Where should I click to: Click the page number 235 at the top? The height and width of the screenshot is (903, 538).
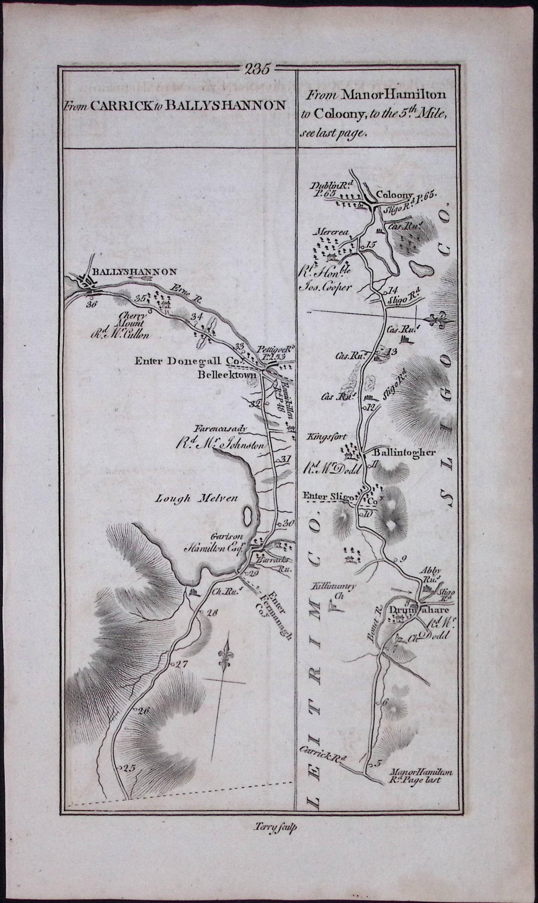pyautogui.click(x=257, y=69)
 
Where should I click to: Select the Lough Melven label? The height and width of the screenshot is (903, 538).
pyautogui.click(x=196, y=498)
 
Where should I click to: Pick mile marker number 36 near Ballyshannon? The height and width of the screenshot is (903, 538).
pyautogui.click(x=92, y=304)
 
